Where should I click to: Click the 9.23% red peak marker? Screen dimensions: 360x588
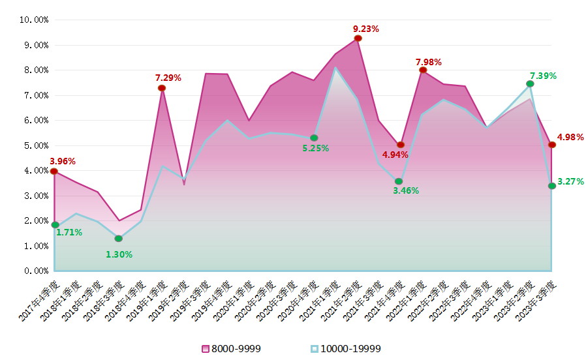(x=358, y=38)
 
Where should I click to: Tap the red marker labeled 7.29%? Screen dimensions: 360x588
(x=162, y=88)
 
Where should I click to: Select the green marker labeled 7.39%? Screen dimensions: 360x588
(x=530, y=84)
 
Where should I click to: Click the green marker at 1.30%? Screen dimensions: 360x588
(x=118, y=239)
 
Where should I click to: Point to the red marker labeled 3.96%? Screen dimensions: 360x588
(x=54, y=172)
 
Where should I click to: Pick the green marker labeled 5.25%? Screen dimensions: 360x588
(x=314, y=138)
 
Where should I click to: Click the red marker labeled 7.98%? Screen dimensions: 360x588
(x=423, y=70)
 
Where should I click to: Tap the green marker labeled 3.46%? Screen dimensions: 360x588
(x=399, y=181)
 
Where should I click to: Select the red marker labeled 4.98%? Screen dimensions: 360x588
(x=552, y=145)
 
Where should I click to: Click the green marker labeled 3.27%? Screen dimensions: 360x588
(x=552, y=186)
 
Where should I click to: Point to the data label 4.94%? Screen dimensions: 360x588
(x=395, y=155)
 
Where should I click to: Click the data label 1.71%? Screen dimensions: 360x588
(x=69, y=232)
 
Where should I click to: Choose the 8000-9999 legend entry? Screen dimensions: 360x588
(x=232, y=349)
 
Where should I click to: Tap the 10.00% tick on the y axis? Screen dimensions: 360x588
(x=34, y=20)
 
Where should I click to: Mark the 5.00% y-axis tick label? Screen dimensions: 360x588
(x=36, y=145)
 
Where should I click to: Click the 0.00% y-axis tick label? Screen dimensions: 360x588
(x=36, y=271)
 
